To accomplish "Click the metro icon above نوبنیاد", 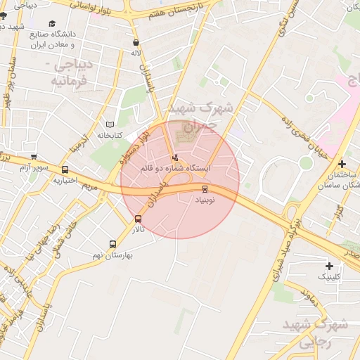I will pyautogui.click(x=205, y=188).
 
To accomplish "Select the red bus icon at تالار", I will pyautogui.click(x=137, y=218).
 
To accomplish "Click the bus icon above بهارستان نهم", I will pyautogui.click(x=112, y=244).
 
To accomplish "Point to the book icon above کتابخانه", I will pyautogui.click(x=109, y=124).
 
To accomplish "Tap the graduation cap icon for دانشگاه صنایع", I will pyautogui.click(x=52, y=23).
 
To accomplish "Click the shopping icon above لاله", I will pyautogui.click(x=136, y=43).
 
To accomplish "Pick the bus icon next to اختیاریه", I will pyautogui.click(x=65, y=169).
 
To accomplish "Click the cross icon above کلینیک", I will pyautogui.click(x=329, y=265).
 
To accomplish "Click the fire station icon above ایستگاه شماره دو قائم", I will pyautogui.click(x=175, y=157).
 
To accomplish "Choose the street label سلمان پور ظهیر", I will pyautogui.click(x=8, y=81).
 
